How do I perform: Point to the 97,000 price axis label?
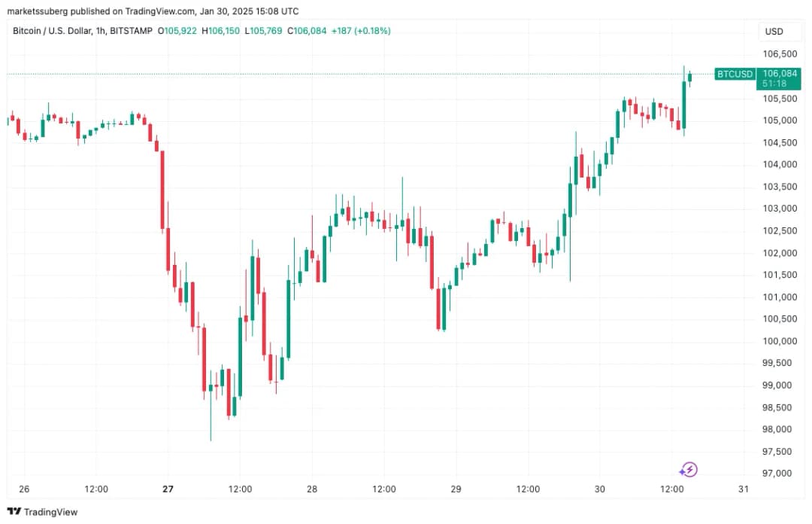point(777,474)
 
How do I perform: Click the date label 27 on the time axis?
point(168,489)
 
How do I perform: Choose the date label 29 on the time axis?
point(456,489)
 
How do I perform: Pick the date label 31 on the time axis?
point(744,489)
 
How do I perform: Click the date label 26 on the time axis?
point(24,489)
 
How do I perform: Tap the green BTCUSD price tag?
point(734,74)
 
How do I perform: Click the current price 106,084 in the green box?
point(779,73)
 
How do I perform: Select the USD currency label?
point(774,32)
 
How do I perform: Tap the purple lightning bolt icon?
point(689,471)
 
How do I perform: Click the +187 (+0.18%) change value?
point(364,31)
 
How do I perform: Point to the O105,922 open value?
point(175,31)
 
